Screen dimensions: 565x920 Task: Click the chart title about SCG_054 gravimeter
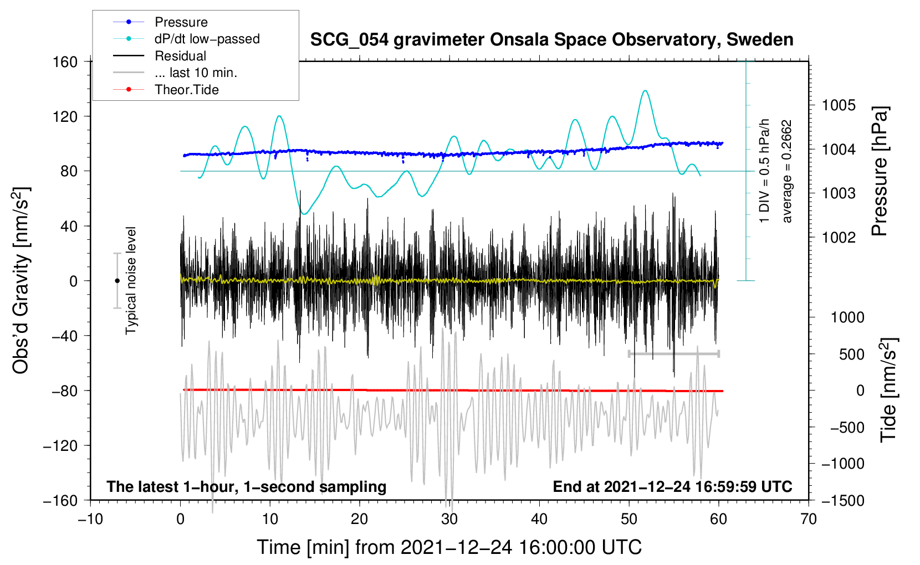tap(551, 40)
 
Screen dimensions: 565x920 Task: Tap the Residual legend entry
tap(180, 56)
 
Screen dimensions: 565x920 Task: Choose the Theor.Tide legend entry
tap(186, 90)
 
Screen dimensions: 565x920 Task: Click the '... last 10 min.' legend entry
tap(196, 73)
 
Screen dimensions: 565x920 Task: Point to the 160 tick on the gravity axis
tap(65, 61)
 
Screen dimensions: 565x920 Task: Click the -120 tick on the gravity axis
tap(60, 445)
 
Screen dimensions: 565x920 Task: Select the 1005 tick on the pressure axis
tap(838, 105)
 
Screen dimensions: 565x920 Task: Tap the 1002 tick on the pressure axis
tap(838, 238)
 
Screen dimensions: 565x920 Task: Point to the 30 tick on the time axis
tap(449, 519)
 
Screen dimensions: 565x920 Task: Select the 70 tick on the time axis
tap(809, 519)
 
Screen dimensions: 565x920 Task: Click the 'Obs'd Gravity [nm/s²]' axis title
tap(21, 281)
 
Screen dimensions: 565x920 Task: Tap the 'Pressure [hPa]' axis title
tap(880, 172)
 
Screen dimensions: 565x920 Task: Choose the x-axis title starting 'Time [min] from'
tap(449, 547)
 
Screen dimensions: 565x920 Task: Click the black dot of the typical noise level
tap(117, 281)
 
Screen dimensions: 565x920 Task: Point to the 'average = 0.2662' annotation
tap(787, 172)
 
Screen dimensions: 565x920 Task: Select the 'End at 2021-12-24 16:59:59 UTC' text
tap(672, 487)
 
